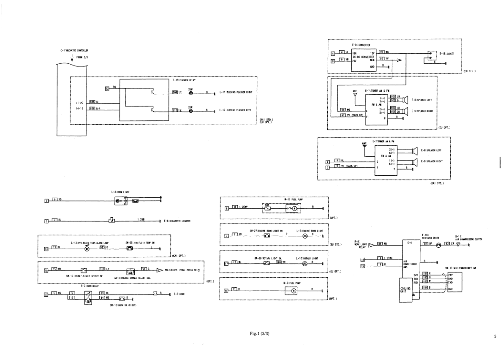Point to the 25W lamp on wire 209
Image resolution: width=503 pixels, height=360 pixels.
pos(190,92)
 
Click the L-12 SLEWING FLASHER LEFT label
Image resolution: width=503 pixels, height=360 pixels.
pos(236,111)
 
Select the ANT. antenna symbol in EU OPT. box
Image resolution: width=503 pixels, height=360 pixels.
pos(356,94)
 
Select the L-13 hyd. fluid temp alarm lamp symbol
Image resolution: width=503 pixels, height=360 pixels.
pos(87,249)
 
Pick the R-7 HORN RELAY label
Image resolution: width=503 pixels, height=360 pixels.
pos(87,285)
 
